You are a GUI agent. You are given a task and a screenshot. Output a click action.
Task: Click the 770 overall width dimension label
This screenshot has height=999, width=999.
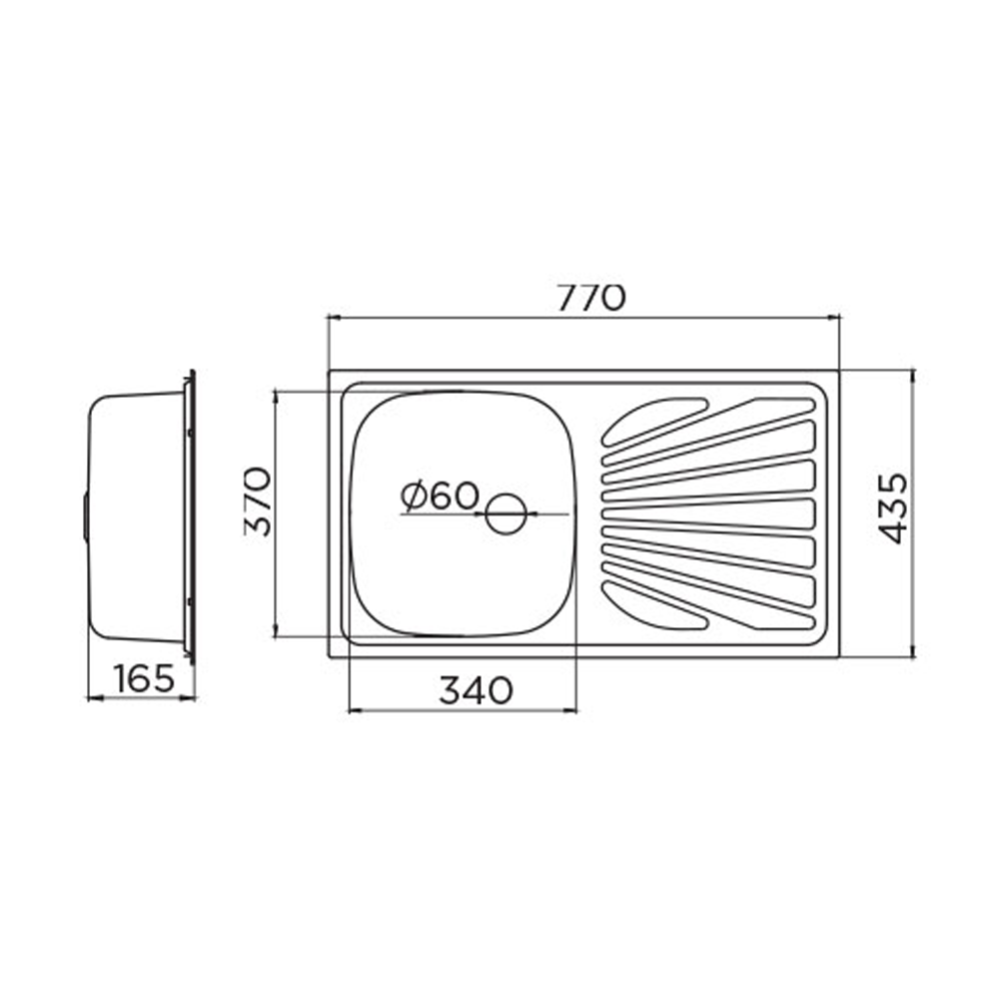click(591, 298)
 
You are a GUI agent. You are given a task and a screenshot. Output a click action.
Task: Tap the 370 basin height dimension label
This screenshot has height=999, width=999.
click(258, 501)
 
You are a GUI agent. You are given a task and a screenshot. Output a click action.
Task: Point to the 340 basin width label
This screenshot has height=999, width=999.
click(476, 690)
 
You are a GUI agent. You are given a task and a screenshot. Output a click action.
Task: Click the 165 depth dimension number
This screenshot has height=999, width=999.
click(144, 678)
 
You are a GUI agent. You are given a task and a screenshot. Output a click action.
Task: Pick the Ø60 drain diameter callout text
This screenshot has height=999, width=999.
click(440, 497)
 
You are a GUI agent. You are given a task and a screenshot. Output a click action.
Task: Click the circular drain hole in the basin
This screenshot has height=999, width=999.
click(505, 513)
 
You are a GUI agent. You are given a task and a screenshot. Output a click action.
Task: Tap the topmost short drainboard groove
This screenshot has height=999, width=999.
click(655, 422)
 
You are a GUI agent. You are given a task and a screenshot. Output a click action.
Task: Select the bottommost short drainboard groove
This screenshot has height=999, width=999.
click(655, 605)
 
